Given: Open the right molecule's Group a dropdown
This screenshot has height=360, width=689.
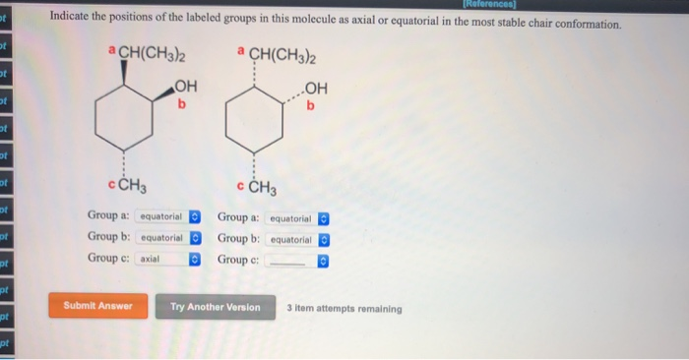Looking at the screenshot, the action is click(296, 218).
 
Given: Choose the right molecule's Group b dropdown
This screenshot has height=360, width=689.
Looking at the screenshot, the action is click(296, 239).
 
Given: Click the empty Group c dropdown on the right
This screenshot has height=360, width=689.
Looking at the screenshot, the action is click(296, 260).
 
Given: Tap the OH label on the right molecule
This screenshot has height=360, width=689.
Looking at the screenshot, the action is click(317, 88).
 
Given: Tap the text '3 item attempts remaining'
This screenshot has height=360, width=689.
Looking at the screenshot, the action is click(344, 308).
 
